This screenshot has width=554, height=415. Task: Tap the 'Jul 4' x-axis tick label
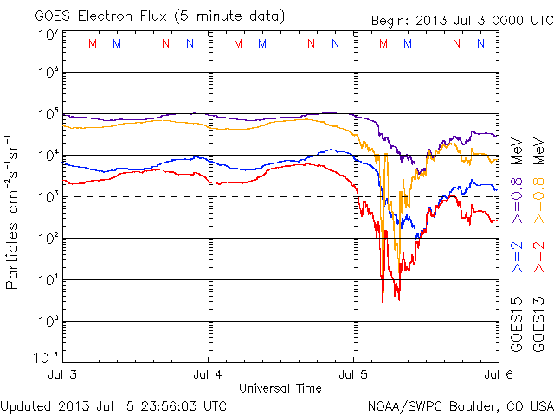tap(208, 375)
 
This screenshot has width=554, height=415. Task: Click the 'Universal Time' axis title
tap(280, 388)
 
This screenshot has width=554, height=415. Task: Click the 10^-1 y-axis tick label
tap(46, 357)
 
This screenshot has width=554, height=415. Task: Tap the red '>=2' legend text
tap(539, 256)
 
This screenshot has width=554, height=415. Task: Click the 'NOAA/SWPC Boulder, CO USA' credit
tap(459, 405)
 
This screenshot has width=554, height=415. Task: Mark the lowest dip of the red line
tap(383, 303)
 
